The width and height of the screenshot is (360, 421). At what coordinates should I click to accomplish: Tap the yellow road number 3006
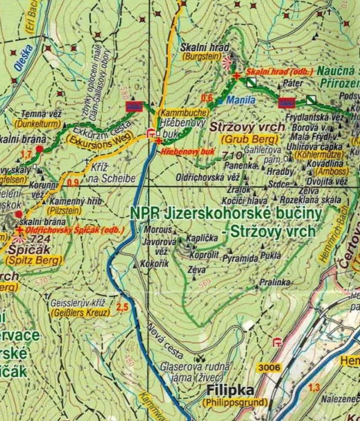click(x=270, y=368)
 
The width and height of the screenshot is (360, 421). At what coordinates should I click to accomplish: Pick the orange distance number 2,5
click(x=122, y=307)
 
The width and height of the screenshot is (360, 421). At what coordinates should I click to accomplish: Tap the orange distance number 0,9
click(x=73, y=182)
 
